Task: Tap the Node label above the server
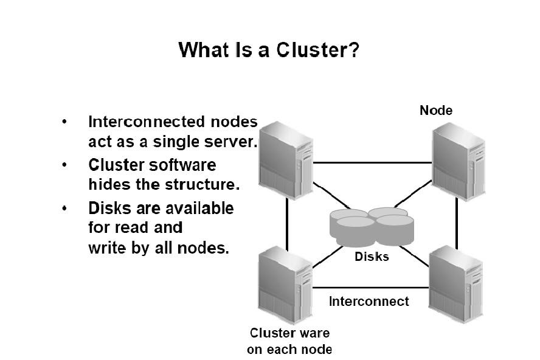[x=436, y=110]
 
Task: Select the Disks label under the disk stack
[x=372, y=257]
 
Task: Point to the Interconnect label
[x=369, y=301]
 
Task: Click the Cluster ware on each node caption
[x=289, y=341]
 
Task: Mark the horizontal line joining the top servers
[x=372, y=163]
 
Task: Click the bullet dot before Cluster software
[x=65, y=165]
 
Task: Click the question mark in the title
[x=353, y=50]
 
